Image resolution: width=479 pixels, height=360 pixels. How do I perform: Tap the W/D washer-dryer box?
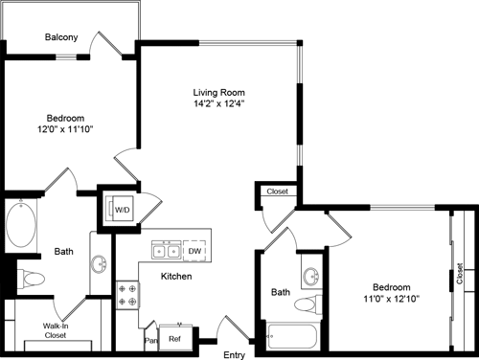[x=123, y=209]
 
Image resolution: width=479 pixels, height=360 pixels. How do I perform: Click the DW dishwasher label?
[x=195, y=251]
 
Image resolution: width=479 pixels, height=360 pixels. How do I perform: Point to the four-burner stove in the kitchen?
[x=127, y=294]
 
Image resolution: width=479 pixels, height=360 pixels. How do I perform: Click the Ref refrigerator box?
[x=175, y=338]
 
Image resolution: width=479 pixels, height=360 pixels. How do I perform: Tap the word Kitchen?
[x=175, y=277]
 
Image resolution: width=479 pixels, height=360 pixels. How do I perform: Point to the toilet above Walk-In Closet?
[x=32, y=280]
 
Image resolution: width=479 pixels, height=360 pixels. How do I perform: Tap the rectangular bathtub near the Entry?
[x=293, y=337]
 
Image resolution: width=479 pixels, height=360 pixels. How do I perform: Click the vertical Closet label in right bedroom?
[x=461, y=274]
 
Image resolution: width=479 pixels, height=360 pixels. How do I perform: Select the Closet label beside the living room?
[x=277, y=191]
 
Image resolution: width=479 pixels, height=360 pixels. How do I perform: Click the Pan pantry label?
[x=150, y=339]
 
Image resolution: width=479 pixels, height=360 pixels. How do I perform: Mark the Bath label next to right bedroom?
[x=280, y=292]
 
